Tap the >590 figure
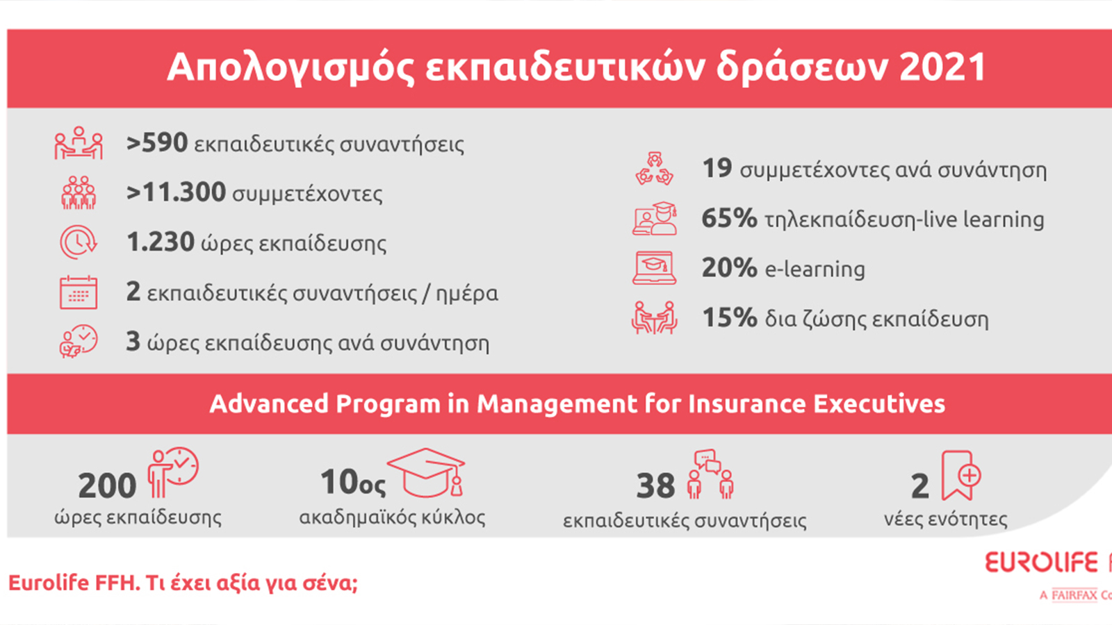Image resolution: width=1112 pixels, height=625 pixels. [x=157, y=143]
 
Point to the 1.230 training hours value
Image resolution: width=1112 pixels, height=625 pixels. [x=161, y=242]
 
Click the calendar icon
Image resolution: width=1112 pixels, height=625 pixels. [x=79, y=292]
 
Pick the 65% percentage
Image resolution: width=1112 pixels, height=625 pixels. [x=730, y=218]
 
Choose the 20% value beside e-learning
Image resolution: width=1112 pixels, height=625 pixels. [x=730, y=268]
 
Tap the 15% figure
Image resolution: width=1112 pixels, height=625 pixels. [x=730, y=317]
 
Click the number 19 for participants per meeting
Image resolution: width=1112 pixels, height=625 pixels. [x=717, y=168]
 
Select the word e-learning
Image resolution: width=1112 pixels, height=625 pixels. [x=815, y=269]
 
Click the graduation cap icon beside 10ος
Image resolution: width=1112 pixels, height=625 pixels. [x=427, y=473]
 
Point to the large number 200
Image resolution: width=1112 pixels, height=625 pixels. [x=107, y=485]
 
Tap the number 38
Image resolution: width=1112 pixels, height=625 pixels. [x=656, y=485]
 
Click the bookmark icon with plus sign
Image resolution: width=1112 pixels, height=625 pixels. [x=961, y=475]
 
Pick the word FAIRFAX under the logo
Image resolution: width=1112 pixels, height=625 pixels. [x=1074, y=594]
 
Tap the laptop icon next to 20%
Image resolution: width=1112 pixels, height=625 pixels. [x=654, y=268]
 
